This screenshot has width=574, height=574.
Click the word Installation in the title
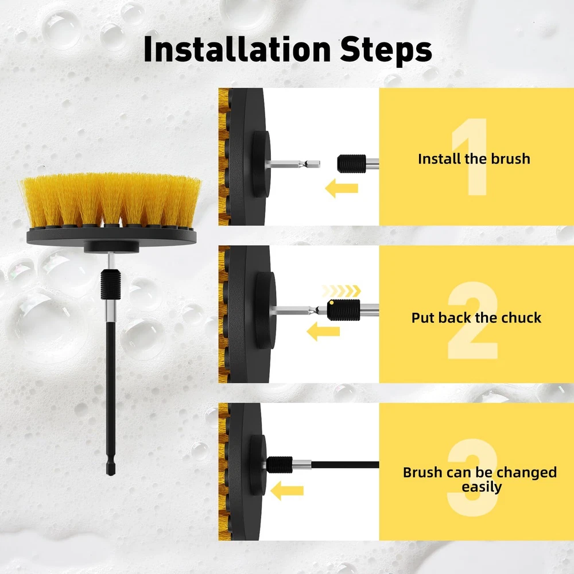click(x=237, y=49)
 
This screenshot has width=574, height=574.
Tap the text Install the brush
click(x=474, y=159)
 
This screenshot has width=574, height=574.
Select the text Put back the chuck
click(x=476, y=318)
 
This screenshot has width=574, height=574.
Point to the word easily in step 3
click(x=482, y=487)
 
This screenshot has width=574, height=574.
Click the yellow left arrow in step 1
click(x=341, y=188)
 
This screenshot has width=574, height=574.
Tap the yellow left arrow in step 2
click(x=323, y=331)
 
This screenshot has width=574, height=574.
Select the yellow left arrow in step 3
click(x=287, y=491)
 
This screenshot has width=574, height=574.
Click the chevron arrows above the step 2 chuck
click(x=341, y=292)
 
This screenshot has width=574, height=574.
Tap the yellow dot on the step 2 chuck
click(x=331, y=302)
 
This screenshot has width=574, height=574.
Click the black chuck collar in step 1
click(x=351, y=164)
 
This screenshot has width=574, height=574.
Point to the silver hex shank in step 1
click(x=293, y=164)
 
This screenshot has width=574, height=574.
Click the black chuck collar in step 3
click(x=280, y=464)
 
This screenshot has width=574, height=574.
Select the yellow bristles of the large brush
click(x=111, y=200)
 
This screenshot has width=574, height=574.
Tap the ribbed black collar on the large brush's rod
click(x=111, y=284)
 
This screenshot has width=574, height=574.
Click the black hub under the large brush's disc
click(x=111, y=247)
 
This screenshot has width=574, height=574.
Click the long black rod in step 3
click(x=345, y=465)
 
